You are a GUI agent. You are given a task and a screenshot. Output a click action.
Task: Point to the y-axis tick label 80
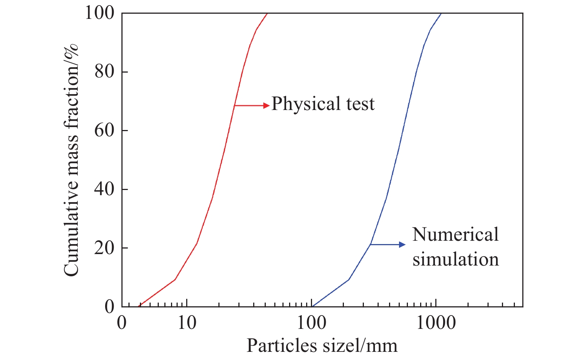click(104, 71)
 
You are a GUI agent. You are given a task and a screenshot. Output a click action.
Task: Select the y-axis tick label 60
click(104, 130)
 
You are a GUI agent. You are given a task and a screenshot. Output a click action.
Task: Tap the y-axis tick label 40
click(104, 189)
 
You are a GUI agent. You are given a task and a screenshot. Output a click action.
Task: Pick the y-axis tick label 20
click(104, 248)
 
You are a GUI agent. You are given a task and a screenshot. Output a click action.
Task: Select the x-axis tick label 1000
click(436, 323)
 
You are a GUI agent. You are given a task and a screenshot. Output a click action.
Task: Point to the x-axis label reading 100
click(312, 323)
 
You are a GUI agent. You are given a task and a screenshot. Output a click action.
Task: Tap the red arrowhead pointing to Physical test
click(267, 106)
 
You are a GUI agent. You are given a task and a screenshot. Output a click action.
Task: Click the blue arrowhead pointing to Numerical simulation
click(402, 244)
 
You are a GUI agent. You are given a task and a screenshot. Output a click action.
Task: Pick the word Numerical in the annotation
click(455, 235)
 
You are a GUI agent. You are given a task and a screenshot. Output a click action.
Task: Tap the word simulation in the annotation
click(456, 259)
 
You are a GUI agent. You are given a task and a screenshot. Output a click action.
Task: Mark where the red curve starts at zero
click(139, 306)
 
